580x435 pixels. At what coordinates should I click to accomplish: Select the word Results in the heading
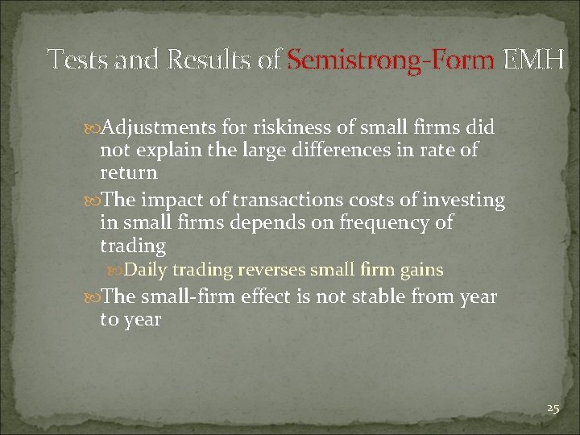coord(215,59)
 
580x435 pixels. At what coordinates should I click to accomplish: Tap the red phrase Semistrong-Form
coord(391,59)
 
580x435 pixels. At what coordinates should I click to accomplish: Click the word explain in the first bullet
coord(165,151)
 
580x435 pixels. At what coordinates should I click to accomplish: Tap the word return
coord(128,172)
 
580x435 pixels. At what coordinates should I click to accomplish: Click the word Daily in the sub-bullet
coord(146,269)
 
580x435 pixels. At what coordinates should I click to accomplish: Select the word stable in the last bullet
coord(377,297)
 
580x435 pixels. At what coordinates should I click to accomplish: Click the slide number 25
coord(552,408)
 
